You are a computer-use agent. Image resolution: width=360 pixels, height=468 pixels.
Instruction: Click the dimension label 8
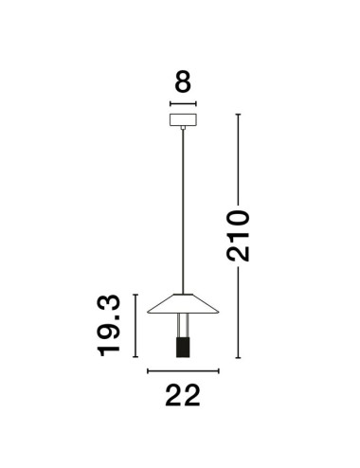pyautogui.click(x=183, y=81)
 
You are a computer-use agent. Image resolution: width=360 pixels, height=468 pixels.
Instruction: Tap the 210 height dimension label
pyautogui.click(x=238, y=236)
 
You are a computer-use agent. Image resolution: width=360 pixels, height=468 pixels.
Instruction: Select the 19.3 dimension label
pyautogui.click(x=109, y=326)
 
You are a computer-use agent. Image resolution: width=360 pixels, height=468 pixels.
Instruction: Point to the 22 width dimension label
pyautogui.click(x=183, y=395)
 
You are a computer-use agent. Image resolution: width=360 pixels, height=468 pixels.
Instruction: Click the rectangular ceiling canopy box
pyautogui.click(x=183, y=119)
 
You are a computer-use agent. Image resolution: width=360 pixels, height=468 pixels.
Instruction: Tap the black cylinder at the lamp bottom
pyautogui.click(x=183, y=348)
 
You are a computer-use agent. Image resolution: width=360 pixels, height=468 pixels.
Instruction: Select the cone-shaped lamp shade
pyautogui.click(x=183, y=304)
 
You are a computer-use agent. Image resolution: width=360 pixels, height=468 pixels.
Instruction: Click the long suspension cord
pyautogui.click(x=183, y=211)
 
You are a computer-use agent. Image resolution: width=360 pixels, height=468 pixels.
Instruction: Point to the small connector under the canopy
pyautogui.click(x=183, y=128)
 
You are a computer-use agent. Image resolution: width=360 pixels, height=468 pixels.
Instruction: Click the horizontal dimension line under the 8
pyautogui.click(x=183, y=103)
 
